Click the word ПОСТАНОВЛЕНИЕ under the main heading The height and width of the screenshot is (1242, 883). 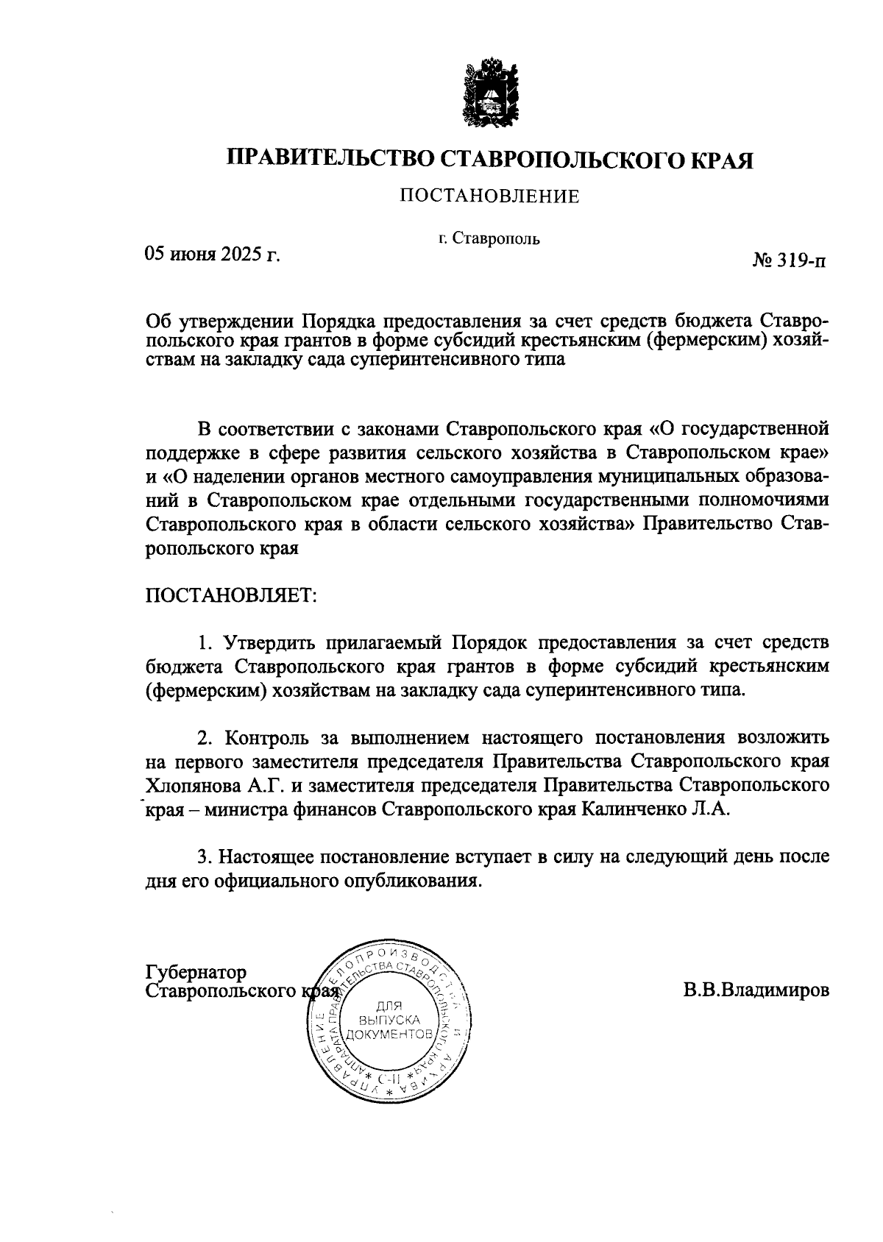(489, 196)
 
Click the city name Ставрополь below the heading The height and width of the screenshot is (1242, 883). (497, 238)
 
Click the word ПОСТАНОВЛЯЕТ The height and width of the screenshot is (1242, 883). (232, 595)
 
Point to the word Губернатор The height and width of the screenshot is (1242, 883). (196, 972)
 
